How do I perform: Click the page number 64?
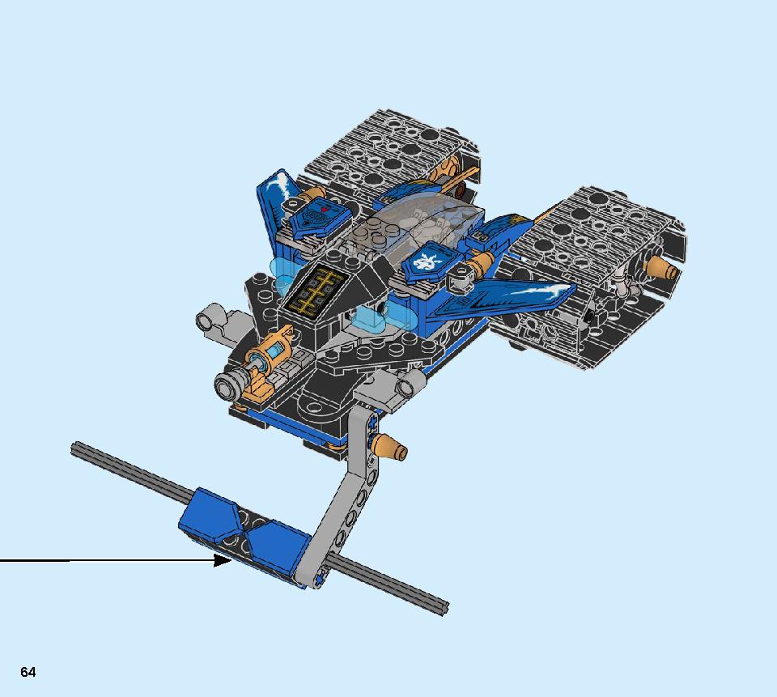coord(28,672)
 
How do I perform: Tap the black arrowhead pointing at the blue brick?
coord(222,561)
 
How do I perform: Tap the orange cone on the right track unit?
coord(660,267)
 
